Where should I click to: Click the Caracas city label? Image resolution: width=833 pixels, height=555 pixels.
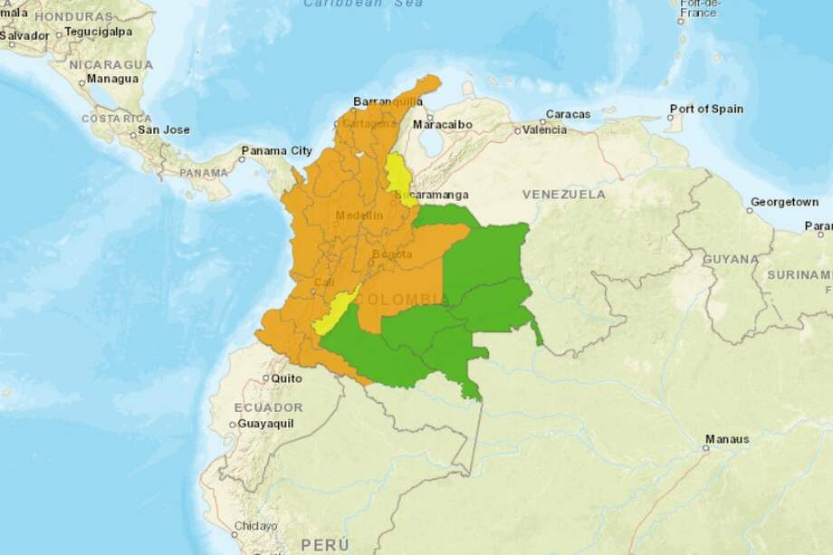(568, 114)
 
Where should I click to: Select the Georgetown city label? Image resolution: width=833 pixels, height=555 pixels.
(784, 201)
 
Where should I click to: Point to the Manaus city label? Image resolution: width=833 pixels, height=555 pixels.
(728, 439)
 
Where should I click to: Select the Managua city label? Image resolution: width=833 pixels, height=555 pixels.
(112, 79)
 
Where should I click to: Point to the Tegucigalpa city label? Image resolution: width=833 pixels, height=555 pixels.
(98, 32)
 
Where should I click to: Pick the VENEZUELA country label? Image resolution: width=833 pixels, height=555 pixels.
(563, 195)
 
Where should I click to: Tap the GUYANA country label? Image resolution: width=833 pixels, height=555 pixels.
(731, 259)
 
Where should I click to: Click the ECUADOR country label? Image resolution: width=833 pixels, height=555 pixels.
(268, 407)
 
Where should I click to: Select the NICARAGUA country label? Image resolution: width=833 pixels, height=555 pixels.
(111, 64)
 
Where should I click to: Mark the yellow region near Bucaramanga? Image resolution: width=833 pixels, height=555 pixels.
(397, 175)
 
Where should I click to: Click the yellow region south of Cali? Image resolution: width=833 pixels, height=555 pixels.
(334, 313)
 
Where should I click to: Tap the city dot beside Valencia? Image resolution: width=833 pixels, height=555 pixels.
(517, 130)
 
